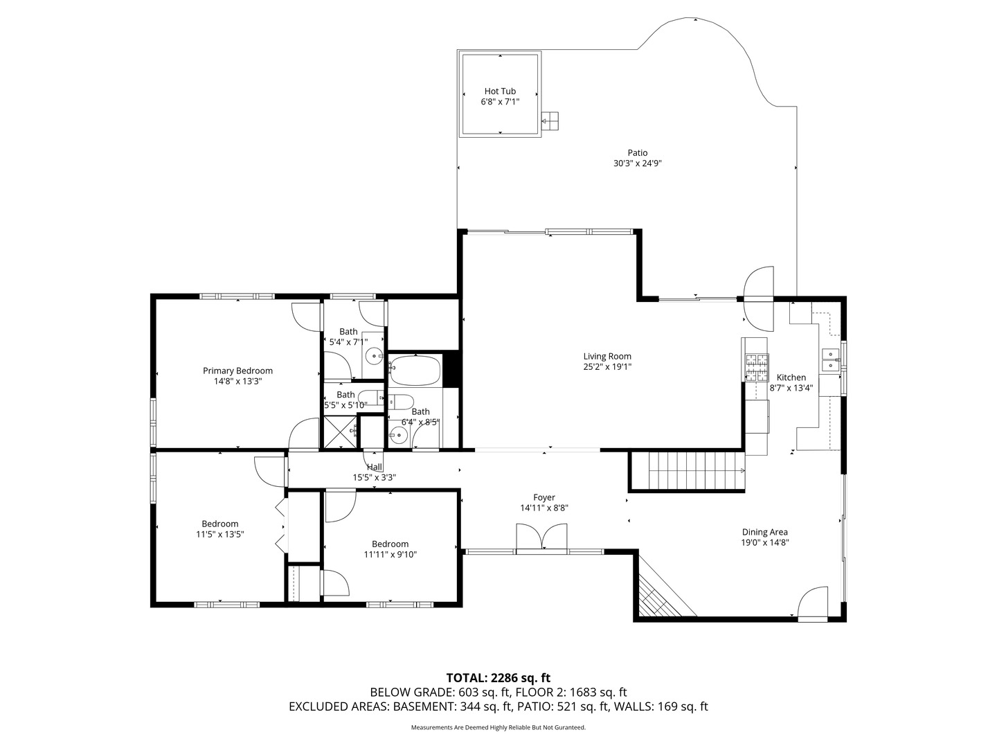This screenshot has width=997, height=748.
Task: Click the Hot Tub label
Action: [x=500, y=91]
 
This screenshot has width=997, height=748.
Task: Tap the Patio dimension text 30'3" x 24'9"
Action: [x=637, y=163]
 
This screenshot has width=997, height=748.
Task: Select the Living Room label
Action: [x=607, y=357]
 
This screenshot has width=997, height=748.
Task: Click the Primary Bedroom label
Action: [x=237, y=371]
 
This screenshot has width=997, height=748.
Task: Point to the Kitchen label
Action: [x=791, y=377]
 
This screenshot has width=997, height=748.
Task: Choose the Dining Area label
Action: [x=765, y=532]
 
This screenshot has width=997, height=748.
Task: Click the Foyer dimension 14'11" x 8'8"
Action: [x=544, y=508]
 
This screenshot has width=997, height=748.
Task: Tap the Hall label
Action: [x=375, y=467]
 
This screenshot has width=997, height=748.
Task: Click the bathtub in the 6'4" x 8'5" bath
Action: [x=415, y=370]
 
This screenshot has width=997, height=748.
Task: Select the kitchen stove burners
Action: [x=756, y=367]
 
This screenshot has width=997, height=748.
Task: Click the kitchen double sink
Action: [x=831, y=359]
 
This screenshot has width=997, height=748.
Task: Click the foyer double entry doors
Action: [x=542, y=537]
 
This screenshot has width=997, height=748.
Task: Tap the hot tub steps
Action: [x=550, y=121]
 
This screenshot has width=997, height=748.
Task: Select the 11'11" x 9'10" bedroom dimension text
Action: [x=390, y=555]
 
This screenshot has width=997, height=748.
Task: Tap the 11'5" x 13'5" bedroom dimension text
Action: [x=220, y=535]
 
